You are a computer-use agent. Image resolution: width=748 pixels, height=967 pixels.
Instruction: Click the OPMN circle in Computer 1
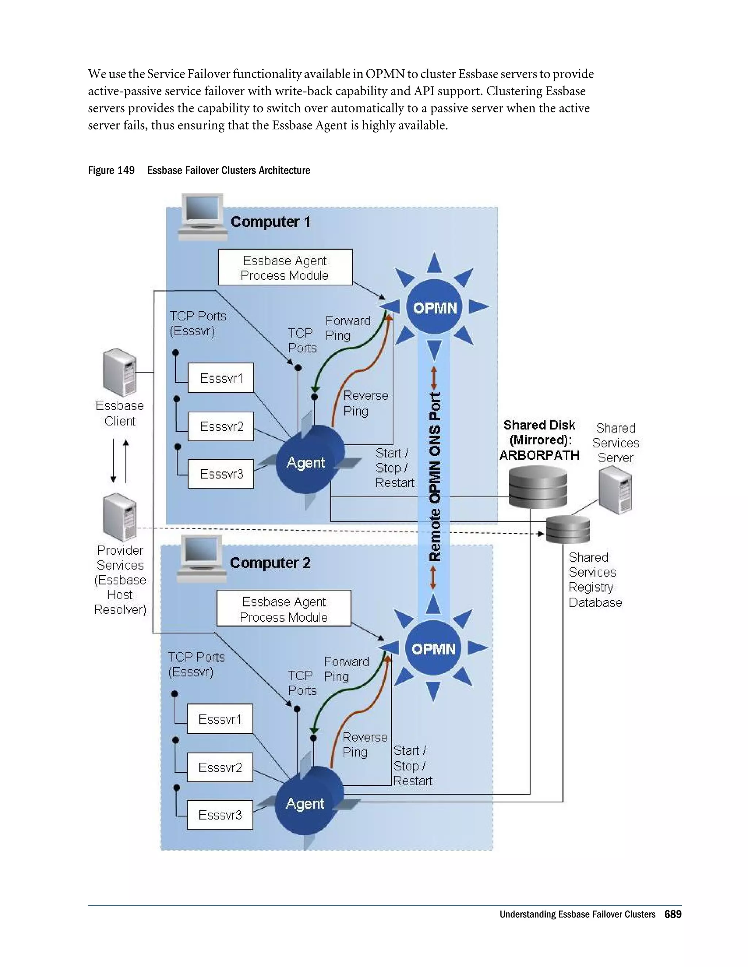point(435,307)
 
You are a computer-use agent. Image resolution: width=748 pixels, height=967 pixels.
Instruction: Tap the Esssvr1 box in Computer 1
point(221,378)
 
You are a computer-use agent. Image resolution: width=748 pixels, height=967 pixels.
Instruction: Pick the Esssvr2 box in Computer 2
point(220,767)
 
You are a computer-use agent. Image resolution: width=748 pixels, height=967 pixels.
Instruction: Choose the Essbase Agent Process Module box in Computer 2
point(283,609)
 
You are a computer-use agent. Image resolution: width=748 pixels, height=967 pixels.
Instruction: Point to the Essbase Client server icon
point(119,372)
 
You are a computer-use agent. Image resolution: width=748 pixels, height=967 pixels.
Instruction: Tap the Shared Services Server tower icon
point(615,490)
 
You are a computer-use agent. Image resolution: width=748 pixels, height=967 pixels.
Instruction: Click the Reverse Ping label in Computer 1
point(365,403)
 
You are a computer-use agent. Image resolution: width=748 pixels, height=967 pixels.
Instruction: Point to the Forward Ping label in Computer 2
point(346,669)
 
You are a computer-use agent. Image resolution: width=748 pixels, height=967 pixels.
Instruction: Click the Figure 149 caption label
point(111,170)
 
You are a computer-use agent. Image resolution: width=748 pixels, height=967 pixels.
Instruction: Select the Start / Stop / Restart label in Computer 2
point(412,766)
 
